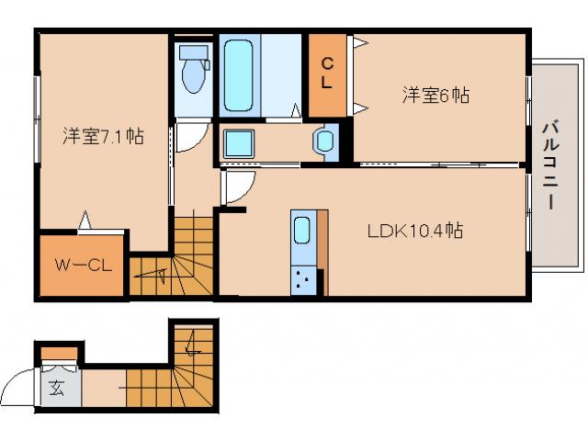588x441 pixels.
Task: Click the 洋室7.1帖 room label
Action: [103, 137]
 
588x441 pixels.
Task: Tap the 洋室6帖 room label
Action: [435, 95]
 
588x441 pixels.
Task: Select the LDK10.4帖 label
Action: [414, 232]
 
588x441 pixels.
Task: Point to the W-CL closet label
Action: [83, 266]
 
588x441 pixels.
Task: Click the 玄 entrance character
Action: [57, 387]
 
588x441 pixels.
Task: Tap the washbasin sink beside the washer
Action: [326, 141]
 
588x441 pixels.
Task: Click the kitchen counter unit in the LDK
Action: [303, 253]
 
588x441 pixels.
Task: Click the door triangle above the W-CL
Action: [85, 220]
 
